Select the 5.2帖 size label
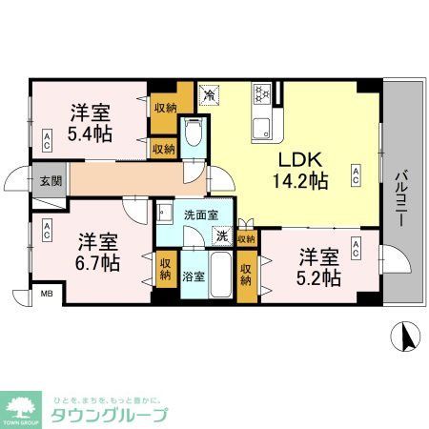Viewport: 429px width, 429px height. (318, 278)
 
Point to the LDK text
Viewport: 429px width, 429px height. (296, 158)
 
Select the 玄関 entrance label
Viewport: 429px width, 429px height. (49, 179)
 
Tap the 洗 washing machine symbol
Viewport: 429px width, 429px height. (221, 237)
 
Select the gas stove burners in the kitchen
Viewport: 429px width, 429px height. (262, 93)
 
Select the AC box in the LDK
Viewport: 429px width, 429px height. (355, 174)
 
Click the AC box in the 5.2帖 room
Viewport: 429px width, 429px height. (355, 247)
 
